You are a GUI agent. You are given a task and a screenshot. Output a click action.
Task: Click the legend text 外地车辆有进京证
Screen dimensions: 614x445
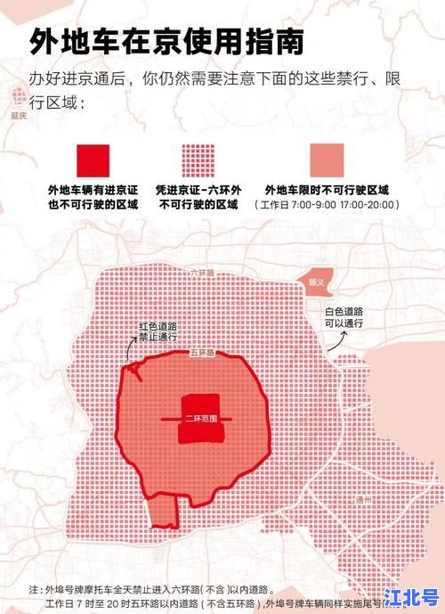93,190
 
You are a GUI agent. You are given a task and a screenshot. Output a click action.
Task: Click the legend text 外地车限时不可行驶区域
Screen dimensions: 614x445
327,190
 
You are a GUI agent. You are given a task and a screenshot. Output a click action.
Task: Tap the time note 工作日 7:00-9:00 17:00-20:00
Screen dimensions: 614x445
327,205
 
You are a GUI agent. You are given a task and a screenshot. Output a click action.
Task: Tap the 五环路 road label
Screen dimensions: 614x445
203,353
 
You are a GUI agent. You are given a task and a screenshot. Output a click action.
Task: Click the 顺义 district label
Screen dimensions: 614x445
318,282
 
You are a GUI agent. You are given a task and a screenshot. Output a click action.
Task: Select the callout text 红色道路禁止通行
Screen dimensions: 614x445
157,332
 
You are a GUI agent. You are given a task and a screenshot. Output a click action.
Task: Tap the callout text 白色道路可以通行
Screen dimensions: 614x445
344,315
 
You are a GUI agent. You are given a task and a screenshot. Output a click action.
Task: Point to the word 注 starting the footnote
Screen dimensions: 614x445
34,589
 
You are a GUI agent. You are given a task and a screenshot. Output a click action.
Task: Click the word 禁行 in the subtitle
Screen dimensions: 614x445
349,78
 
